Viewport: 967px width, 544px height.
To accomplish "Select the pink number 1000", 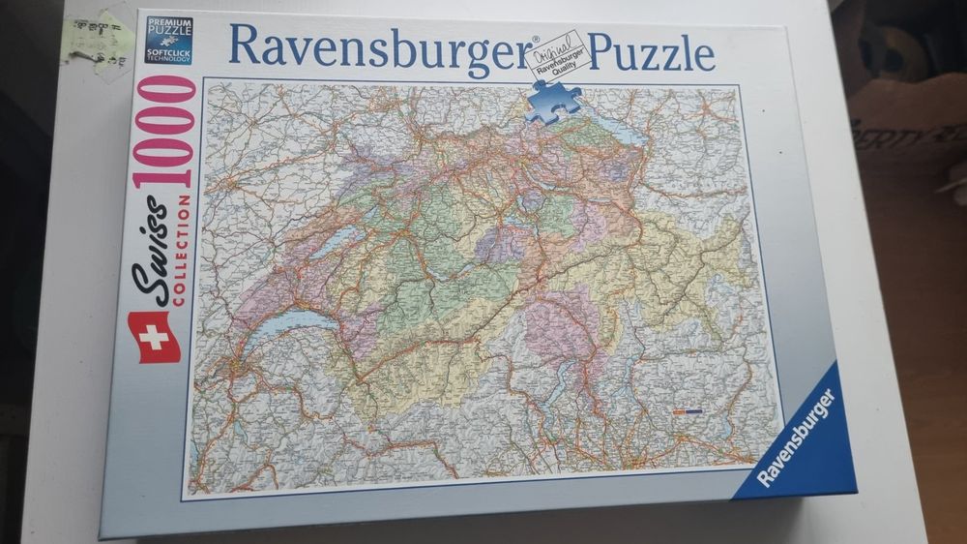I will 166,132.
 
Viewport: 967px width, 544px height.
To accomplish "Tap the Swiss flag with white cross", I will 155,336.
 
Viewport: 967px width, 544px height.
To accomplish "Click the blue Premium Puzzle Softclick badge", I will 169,41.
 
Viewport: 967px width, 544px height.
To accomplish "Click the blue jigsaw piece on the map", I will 553,101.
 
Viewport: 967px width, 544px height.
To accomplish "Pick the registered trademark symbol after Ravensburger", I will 534,41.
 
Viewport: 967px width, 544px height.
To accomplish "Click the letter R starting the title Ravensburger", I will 242,45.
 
